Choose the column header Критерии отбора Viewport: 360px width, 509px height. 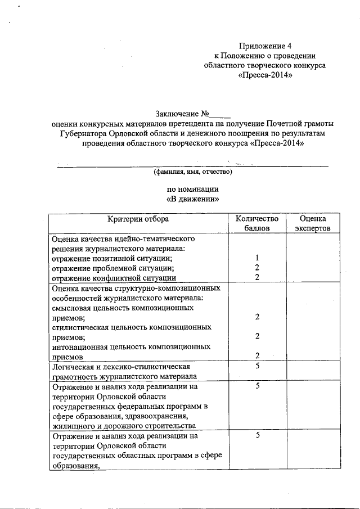138,219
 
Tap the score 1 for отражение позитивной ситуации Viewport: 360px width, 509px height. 256,258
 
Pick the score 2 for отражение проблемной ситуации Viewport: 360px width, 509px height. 256,268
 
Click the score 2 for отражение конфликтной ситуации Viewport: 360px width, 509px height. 256,277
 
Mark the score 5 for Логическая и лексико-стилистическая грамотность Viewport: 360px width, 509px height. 256,367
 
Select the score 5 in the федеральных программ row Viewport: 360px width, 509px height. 256,386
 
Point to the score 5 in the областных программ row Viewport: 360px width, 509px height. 256,436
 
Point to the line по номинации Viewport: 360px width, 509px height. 193,189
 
